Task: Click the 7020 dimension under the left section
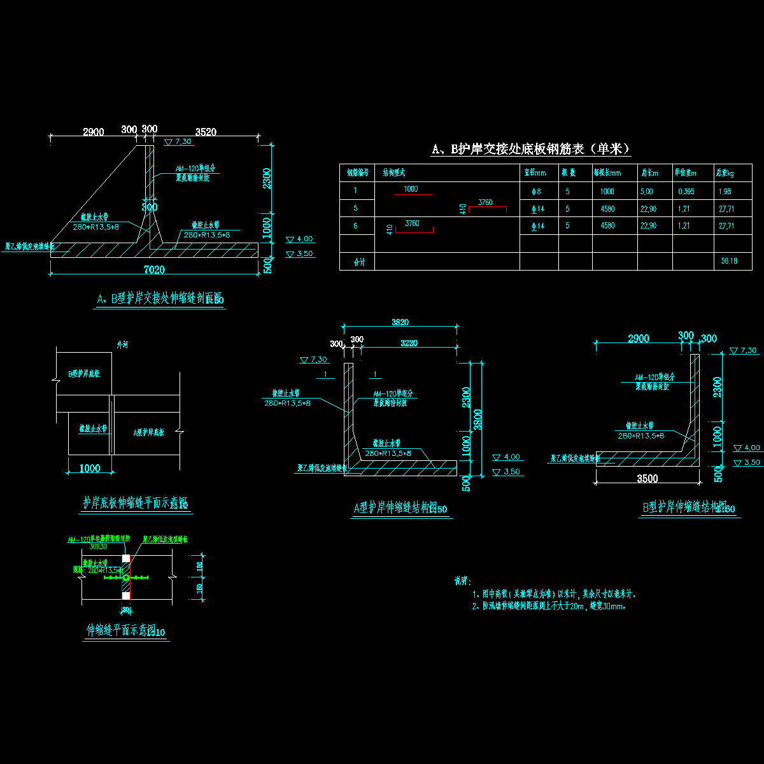154,270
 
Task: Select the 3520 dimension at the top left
206,132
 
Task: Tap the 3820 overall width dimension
400,323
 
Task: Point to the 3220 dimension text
409,343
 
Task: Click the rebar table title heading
531,149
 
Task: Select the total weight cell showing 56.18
728,261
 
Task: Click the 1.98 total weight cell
725,192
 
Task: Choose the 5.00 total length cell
646,192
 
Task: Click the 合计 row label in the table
360,262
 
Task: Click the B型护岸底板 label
84,374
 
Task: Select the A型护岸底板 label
148,433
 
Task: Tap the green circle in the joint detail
126,577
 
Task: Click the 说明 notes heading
462,581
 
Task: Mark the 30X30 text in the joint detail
98,547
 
